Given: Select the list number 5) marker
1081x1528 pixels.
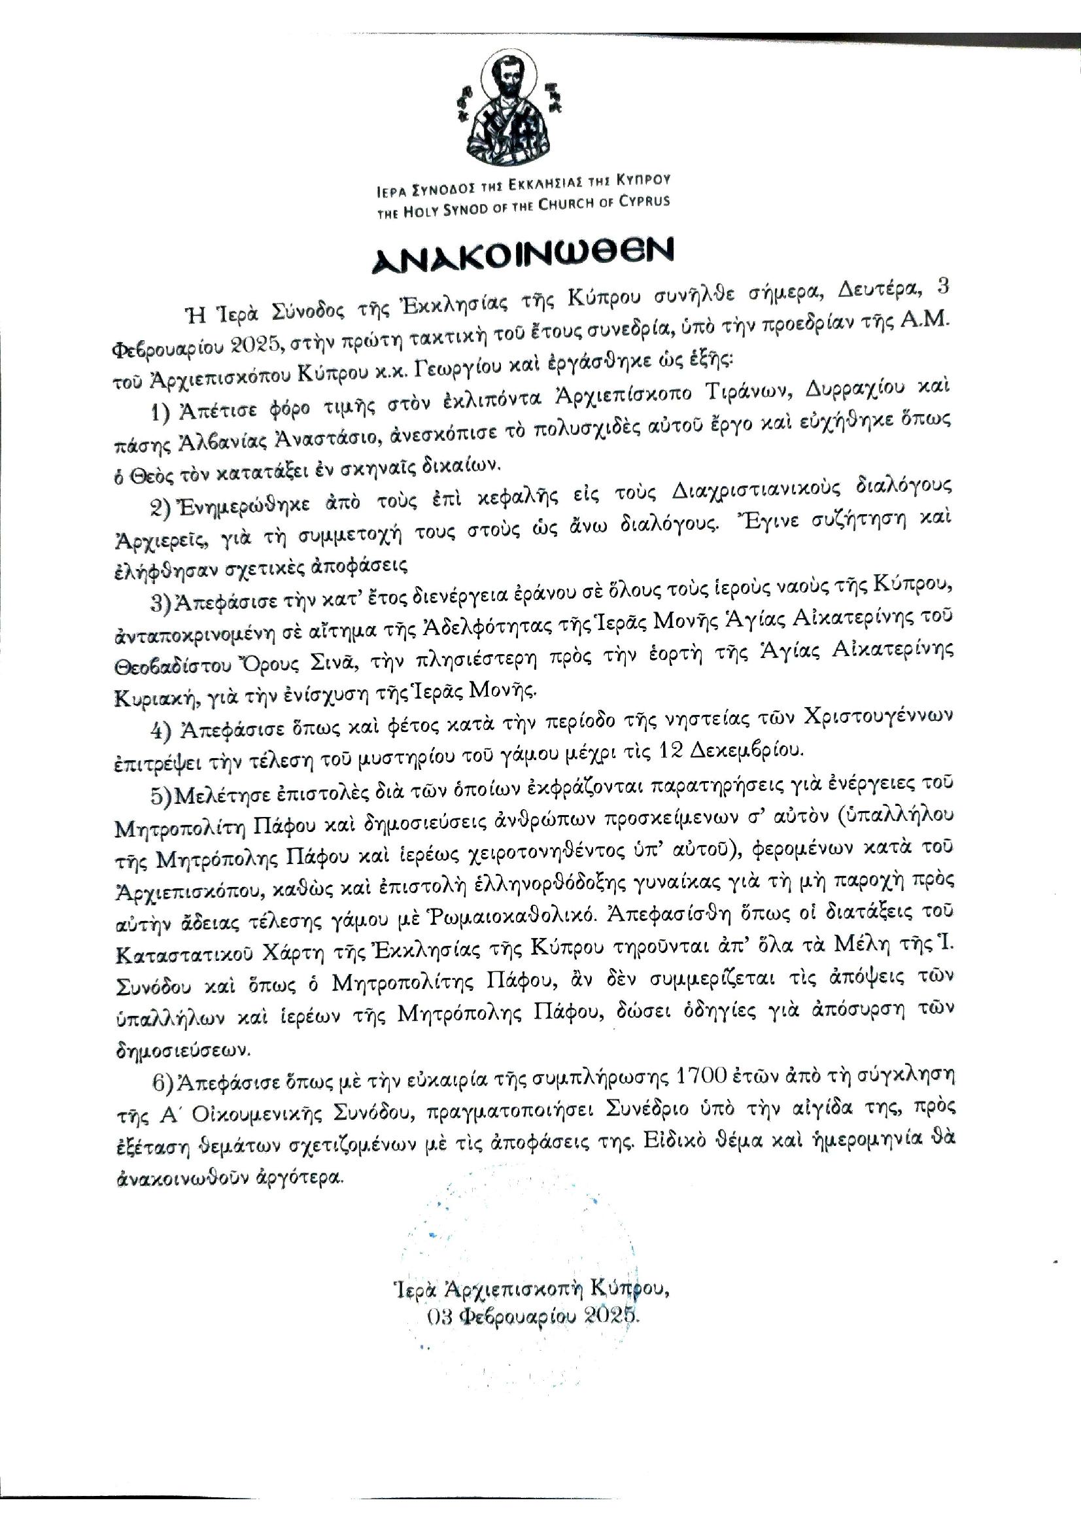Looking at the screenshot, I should [162, 788].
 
